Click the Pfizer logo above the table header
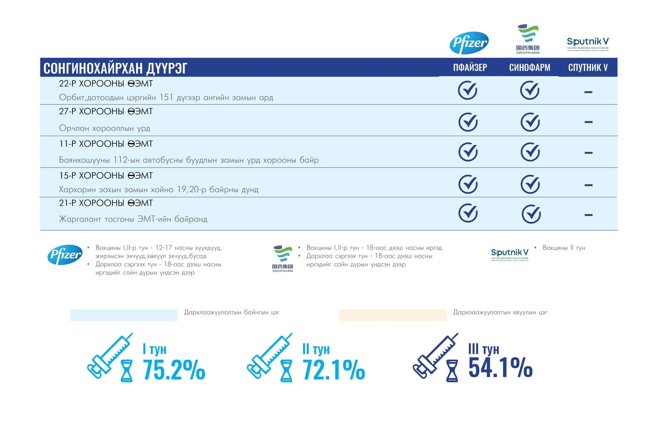click(x=469, y=43)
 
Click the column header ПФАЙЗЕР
click(x=470, y=67)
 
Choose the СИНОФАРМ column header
click(x=530, y=67)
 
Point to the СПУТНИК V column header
click(x=588, y=67)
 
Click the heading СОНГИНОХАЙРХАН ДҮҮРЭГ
click(x=115, y=68)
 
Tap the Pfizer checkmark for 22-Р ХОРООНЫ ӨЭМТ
click(x=467, y=90)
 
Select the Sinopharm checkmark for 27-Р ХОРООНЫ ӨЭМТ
click(x=530, y=122)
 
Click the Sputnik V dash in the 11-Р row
click(x=588, y=153)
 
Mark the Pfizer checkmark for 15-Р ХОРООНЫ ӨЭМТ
click(x=468, y=184)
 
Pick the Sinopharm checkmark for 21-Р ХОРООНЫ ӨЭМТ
click(x=531, y=214)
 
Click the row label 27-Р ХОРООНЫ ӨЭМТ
click(x=106, y=111)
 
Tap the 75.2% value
click(x=174, y=370)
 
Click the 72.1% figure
click(x=333, y=370)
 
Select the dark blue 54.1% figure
click(x=500, y=367)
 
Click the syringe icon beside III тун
click(x=435, y=356)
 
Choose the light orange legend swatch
click(x=393, y=315)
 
